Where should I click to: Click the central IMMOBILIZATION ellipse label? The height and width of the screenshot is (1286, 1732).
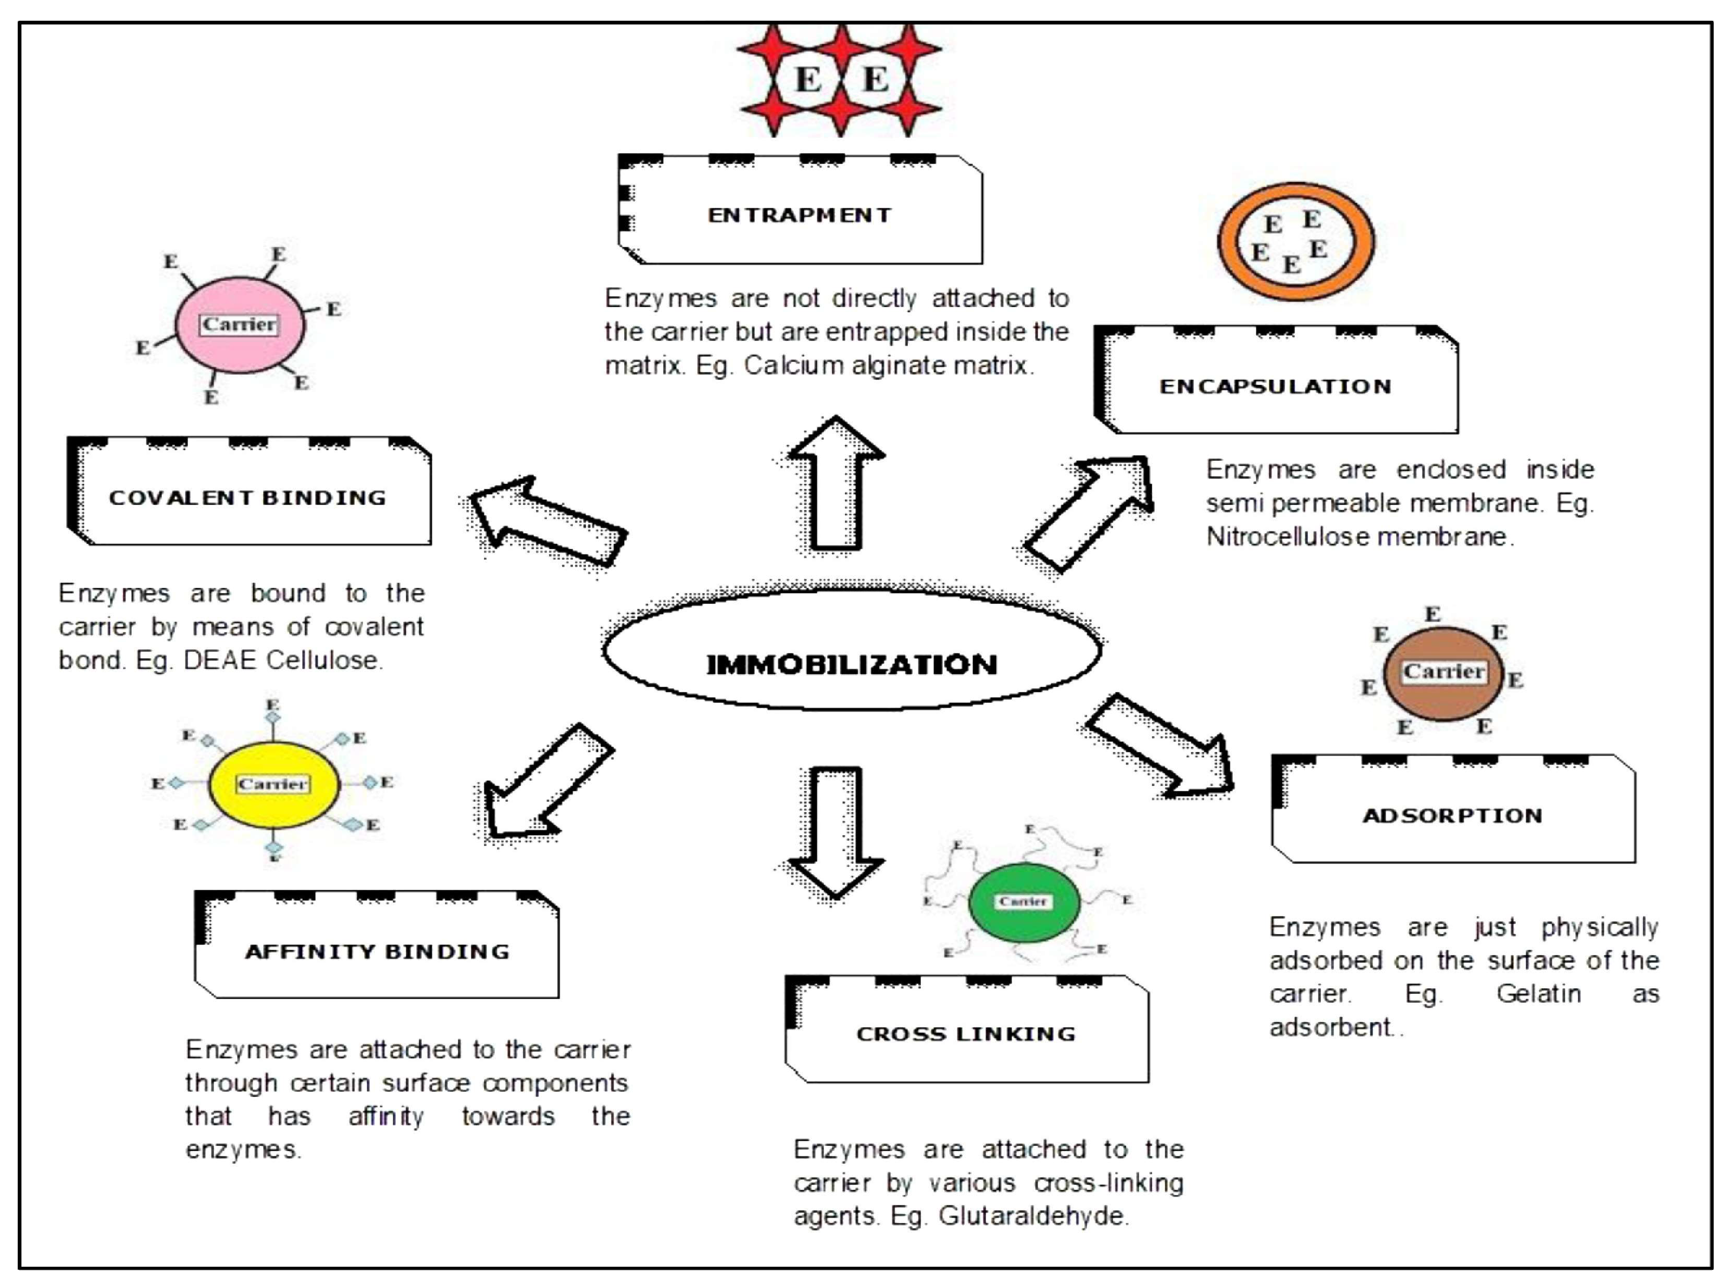click(x=851, y=664)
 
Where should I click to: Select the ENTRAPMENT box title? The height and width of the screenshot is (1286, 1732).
click(x=799, y=215)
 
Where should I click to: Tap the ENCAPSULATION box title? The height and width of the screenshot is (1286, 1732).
click(x=1275, y=386)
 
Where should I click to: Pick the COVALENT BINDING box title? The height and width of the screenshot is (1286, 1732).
click(x=247, y=497)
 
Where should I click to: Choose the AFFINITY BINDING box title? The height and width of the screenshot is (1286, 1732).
click(x=377, y=951)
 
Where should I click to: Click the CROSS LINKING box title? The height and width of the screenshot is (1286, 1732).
click(x=966, y=1034)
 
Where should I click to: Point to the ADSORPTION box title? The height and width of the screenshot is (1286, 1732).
click(x=1452, y=816)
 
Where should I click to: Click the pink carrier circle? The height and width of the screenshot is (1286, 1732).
click(x=240, y=346)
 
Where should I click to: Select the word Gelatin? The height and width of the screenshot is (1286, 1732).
click(x=1538, y=994)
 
